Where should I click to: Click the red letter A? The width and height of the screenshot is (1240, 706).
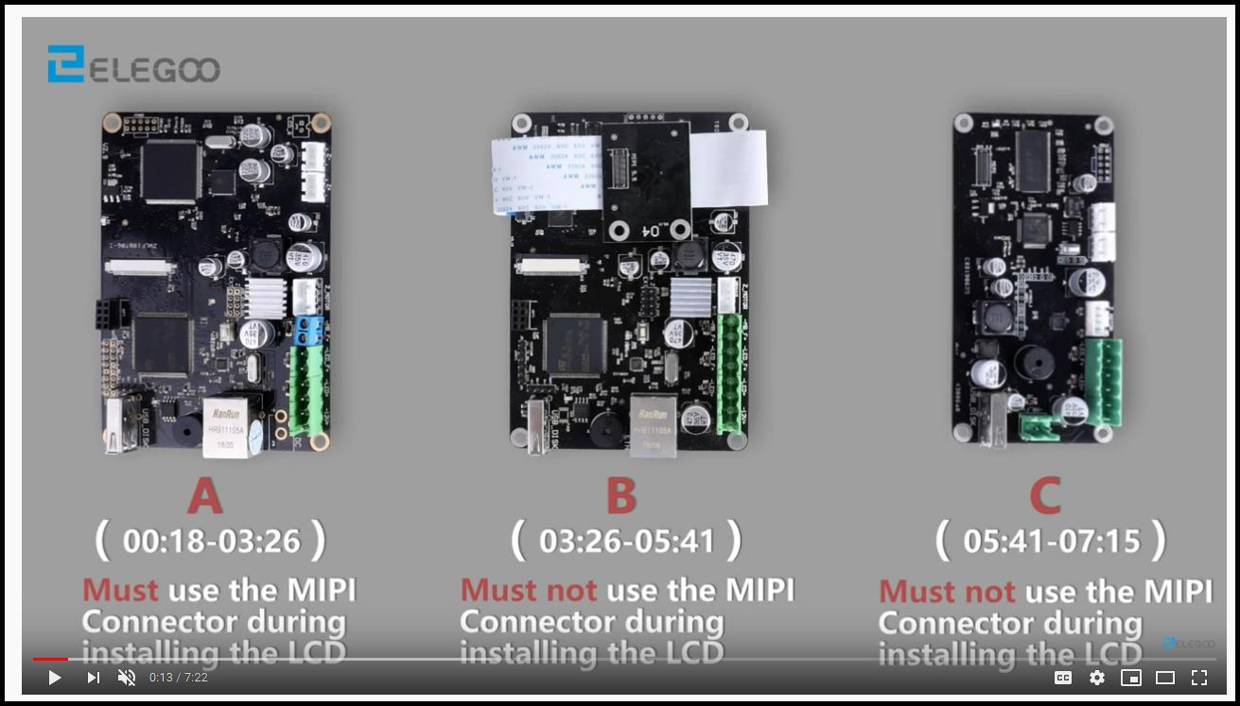coord(205,496)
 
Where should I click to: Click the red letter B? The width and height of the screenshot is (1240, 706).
coord(620,496)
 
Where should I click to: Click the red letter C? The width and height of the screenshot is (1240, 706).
coord(1044,496)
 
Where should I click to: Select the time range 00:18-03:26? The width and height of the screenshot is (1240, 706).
coord(211,542)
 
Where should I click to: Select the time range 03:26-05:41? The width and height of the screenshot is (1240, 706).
coord(625,542)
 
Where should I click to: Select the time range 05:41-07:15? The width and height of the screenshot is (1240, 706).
coord(1051,542)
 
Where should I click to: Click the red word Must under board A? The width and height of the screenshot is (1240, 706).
coord(120,591)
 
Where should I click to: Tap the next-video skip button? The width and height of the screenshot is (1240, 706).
coord(93,678)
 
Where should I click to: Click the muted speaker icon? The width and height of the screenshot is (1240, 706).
coord(126,678)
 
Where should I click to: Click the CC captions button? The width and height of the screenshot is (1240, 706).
coord(1063,678)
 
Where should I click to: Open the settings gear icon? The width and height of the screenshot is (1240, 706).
coord(1097,678)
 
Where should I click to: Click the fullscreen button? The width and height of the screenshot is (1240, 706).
coord(1199,678)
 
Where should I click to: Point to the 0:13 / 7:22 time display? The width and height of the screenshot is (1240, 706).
coord(179,678)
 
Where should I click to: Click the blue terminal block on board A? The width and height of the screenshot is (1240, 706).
coord(310,328)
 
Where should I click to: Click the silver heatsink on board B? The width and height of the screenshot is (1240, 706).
coord(690,297)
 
